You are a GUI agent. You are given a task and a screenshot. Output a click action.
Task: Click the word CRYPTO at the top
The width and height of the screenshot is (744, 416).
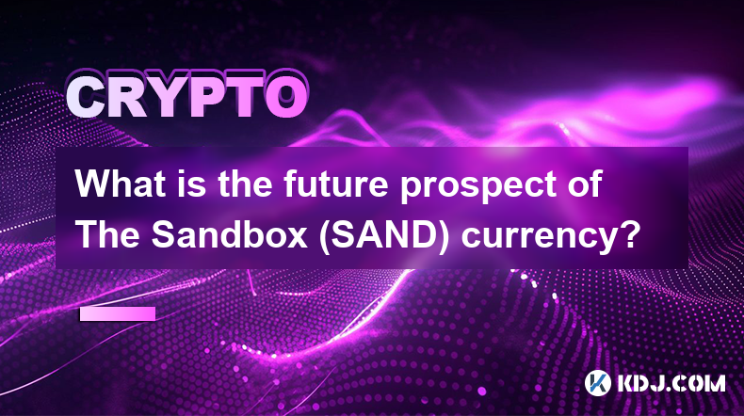(186, 98)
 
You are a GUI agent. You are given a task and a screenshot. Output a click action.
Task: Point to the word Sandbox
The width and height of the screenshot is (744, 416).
(230, 234)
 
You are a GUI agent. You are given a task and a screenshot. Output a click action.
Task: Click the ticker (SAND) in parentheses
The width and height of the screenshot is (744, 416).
(384, 235)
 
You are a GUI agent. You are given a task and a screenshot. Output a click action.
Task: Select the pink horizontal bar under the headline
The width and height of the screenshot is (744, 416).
(118, 313)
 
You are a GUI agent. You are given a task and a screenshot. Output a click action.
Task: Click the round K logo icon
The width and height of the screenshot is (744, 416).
(597, 383)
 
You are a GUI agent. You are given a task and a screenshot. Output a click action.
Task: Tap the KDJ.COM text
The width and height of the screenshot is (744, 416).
(671, 383)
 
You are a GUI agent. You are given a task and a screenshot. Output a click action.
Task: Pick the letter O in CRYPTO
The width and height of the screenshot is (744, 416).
(286, 98)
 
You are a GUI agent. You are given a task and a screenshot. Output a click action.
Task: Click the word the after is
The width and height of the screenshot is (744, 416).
(245, 184)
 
